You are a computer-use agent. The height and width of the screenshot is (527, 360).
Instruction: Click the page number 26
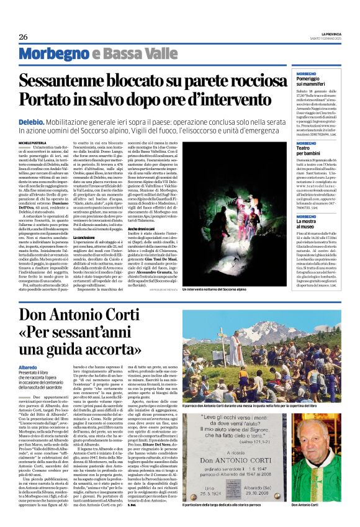23,37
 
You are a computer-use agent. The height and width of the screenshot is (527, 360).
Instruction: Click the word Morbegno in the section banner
60,54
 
